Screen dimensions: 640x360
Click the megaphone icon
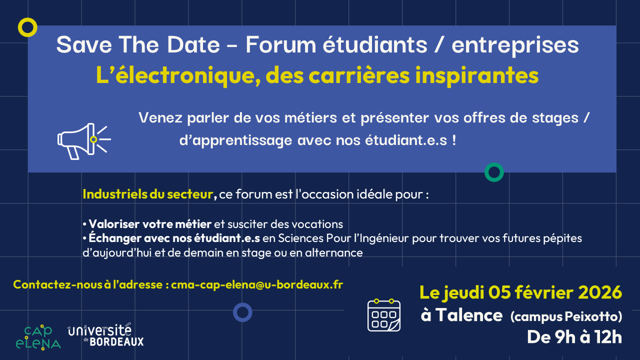point(84,141)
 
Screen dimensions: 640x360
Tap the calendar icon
point(384,315)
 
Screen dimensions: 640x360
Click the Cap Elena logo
point(38,337)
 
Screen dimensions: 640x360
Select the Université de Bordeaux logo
point(105,334)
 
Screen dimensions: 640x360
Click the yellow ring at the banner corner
point(19,27)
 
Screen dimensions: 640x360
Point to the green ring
point(485,172)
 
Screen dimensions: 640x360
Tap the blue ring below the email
point(234,312)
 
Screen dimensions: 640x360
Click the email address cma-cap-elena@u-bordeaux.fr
point(257,284)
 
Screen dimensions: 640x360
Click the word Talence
point(469,315)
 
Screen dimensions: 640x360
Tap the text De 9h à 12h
point(574,337)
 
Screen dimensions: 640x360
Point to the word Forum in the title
point(281,44)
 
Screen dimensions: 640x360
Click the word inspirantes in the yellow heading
point(477,75)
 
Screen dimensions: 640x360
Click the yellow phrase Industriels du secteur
point(148,194)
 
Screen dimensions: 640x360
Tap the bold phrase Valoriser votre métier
point(150,224)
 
